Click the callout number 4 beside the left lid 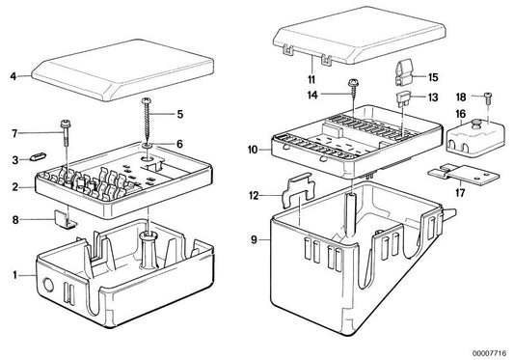[14, 76]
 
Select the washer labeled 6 [148, 145]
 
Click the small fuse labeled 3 [39, 156]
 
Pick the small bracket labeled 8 [65, 219]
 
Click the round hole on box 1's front [48, 286]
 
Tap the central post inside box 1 [149, 249]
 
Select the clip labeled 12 [298, 190]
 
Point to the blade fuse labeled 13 [402, 99]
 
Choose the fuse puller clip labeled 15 [403, 73]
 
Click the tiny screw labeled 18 [488, 97]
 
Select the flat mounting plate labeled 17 [463, 175]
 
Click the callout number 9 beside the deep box [254, 240]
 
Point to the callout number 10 [253, 150]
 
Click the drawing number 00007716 [489, 353]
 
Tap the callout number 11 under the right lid [311, 79]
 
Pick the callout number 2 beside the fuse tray [15, 187]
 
